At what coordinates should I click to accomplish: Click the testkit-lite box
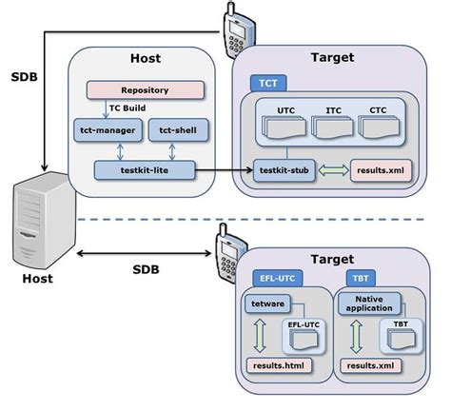tap(145, 169)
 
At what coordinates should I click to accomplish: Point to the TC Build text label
tap(127, 108)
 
